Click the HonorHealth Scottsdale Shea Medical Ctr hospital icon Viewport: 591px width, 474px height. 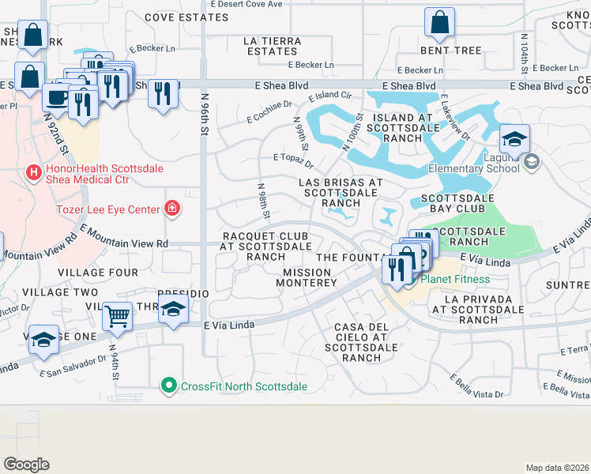point(33,171)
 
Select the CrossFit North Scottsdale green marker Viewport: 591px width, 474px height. point(168,386)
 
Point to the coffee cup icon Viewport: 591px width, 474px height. point(55,96)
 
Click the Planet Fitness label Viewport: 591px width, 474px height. point(454,279)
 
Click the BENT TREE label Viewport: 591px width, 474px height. point(450,51)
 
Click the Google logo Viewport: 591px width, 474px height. point(26,464)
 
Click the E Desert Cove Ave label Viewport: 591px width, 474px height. point(246,4)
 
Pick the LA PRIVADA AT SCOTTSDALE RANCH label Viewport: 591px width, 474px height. point(472,310)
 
